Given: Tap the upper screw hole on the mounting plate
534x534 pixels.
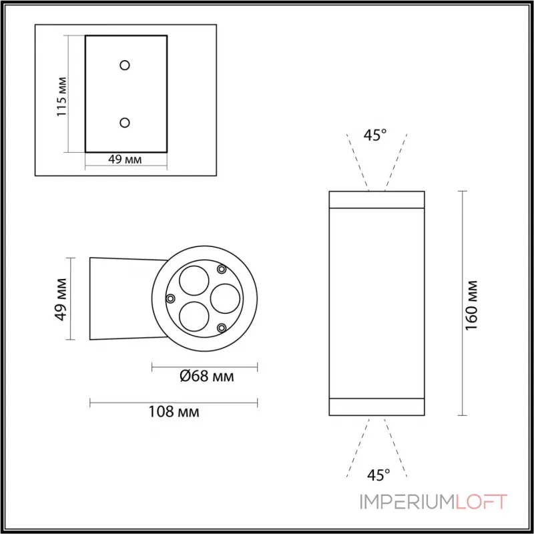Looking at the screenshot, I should [125, 65].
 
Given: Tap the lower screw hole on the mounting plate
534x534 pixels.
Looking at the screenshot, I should [125, 122].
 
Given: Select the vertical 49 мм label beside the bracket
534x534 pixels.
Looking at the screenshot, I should [61, 298].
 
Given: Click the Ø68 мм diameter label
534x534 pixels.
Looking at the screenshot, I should [206, 376].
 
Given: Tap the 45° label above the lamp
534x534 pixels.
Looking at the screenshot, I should [374, 135].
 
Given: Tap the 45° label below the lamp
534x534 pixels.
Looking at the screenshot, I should [378, 475].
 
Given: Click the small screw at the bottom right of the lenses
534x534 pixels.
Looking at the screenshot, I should [222, 328].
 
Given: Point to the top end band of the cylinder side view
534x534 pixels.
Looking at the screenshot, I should [377, 200].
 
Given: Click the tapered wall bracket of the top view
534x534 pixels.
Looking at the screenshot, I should [123, 298].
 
